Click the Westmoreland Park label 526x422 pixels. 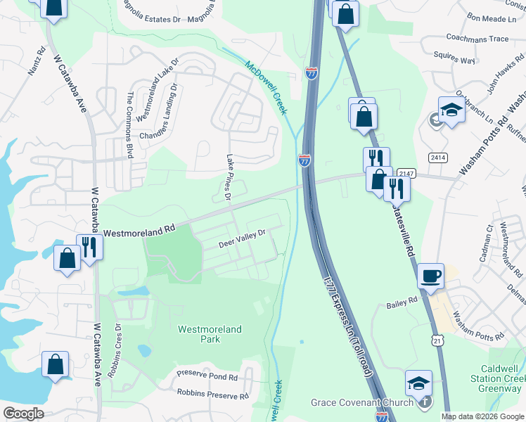point(210,334)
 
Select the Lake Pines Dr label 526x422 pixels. point(228,177)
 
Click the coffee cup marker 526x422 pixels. point(430,275)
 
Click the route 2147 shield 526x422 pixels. point(406,173)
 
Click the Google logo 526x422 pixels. point(23,414)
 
